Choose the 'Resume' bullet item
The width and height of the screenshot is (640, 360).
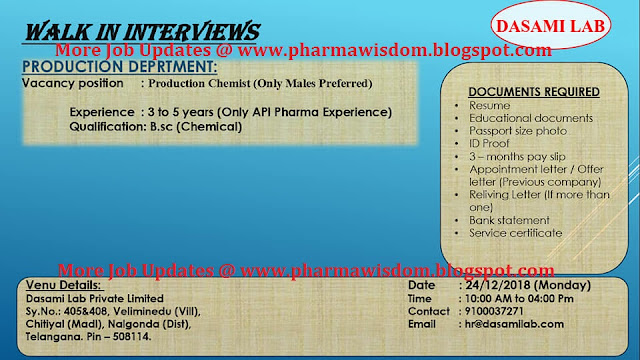pyautogui.click(x=488, y=105)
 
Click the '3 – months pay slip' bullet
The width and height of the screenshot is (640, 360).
pyautogui.click(x=515, y=157)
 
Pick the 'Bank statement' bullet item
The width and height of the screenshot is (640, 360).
pyautogui.click(x=509, y=220)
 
